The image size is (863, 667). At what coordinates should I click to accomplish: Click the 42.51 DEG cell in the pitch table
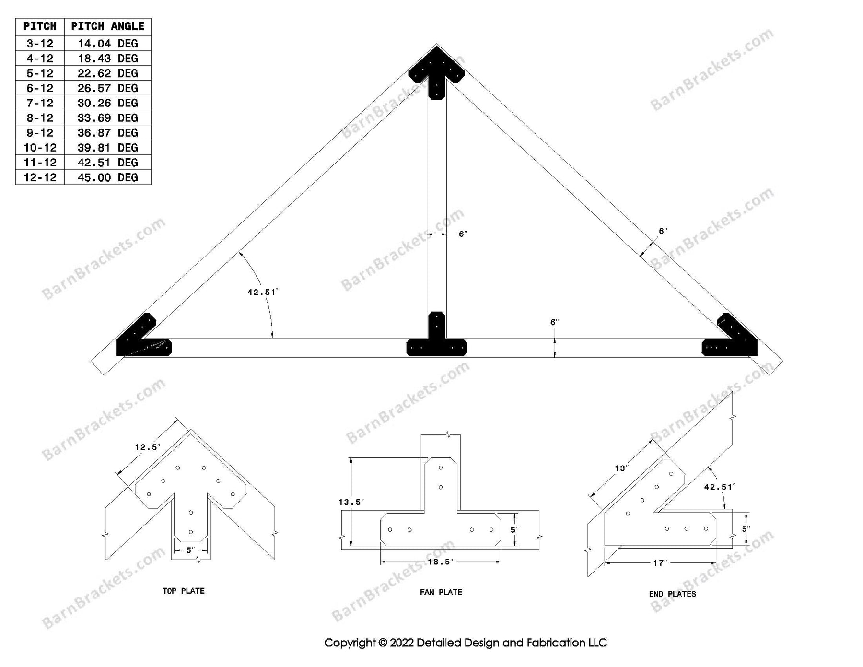tap(107, 163)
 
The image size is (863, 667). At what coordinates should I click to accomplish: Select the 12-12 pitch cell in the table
tap(40, 177)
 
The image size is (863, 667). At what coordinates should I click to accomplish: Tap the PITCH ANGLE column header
tap(107, 26)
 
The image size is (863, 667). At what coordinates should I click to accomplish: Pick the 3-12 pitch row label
tap(40, 44)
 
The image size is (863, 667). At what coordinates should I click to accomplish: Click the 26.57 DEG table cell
tap(107, 88)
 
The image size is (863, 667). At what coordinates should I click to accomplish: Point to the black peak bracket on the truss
tap(436, 72)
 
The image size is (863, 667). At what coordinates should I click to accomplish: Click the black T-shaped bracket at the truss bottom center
tap(436, 340)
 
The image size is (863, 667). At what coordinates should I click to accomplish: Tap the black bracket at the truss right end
tap(734, 338)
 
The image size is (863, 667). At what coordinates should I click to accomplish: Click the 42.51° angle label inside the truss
tap(262, 292)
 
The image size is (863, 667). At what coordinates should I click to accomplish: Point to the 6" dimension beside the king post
tap(463, 234)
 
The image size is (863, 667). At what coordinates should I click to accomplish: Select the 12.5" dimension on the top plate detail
tap(147, 447)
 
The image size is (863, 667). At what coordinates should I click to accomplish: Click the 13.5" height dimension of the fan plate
tap(351, 502)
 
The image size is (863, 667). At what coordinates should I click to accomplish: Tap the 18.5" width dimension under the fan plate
tap(440, 562)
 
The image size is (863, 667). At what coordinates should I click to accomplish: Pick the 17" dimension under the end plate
tap(660, 563)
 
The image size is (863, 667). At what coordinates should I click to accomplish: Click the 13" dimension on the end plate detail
tap(621, 468)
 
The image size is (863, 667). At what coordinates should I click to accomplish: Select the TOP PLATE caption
tap(183, 591)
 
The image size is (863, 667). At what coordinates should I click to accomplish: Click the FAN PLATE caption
tap(441, 592)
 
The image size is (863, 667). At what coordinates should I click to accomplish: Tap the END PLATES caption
tap(672, 594)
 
